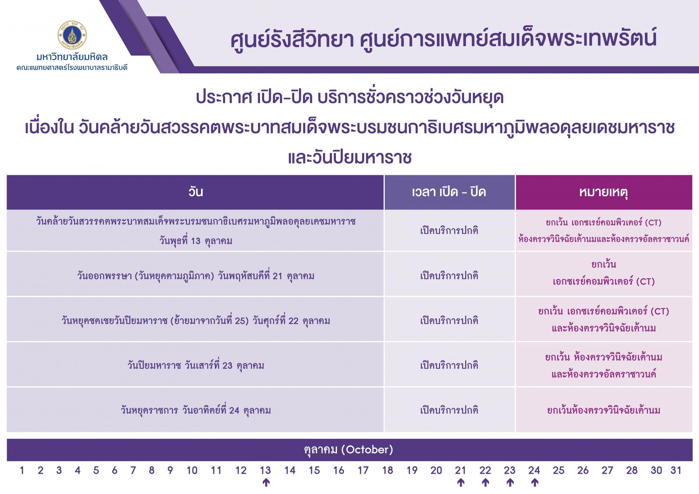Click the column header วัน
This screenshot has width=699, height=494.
coord(195,192)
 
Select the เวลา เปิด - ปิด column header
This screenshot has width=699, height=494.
coord(449,192)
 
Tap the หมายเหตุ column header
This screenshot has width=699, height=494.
coord(604,192)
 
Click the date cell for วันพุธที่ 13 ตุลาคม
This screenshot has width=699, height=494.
coord(195,230)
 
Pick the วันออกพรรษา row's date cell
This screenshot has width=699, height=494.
coord(195,276)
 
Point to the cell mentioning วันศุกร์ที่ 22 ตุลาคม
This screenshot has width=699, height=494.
coord(195,320)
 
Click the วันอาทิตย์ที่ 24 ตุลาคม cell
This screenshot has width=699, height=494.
coord(195,410)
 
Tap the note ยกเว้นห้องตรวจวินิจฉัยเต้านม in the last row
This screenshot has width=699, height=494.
coord(604,410)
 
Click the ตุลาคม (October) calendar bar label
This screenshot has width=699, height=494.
coord(348,450)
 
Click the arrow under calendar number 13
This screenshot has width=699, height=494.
coord(266,483)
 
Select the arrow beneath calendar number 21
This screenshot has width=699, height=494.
coord(461,483)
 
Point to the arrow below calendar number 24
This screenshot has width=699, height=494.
coord(534,483)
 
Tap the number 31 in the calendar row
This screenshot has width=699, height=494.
coord(676,471)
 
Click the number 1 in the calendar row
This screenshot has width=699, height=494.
coord(22,471)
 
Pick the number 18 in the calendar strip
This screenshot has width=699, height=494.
coord(388,471)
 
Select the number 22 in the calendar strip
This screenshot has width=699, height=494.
coord(485,471)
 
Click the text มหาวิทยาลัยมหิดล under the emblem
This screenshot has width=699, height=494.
coord(72,57)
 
